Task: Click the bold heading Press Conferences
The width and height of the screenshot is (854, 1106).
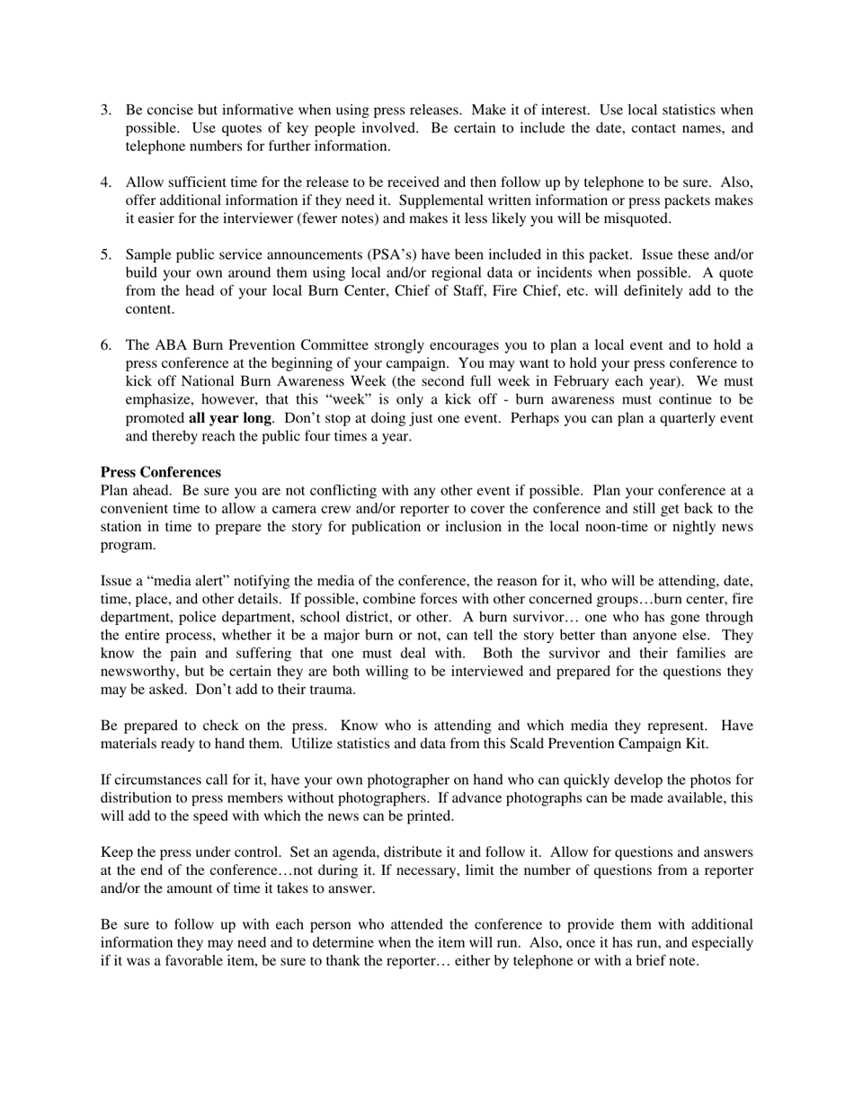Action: (x=160, y=472)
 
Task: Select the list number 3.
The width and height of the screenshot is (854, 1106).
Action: (x=105, y=110)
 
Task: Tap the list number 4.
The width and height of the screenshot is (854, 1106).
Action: (x=105, y=183)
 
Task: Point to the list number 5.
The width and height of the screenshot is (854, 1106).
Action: (x=105, y=254)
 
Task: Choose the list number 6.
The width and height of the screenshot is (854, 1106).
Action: (x=105, y=345)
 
